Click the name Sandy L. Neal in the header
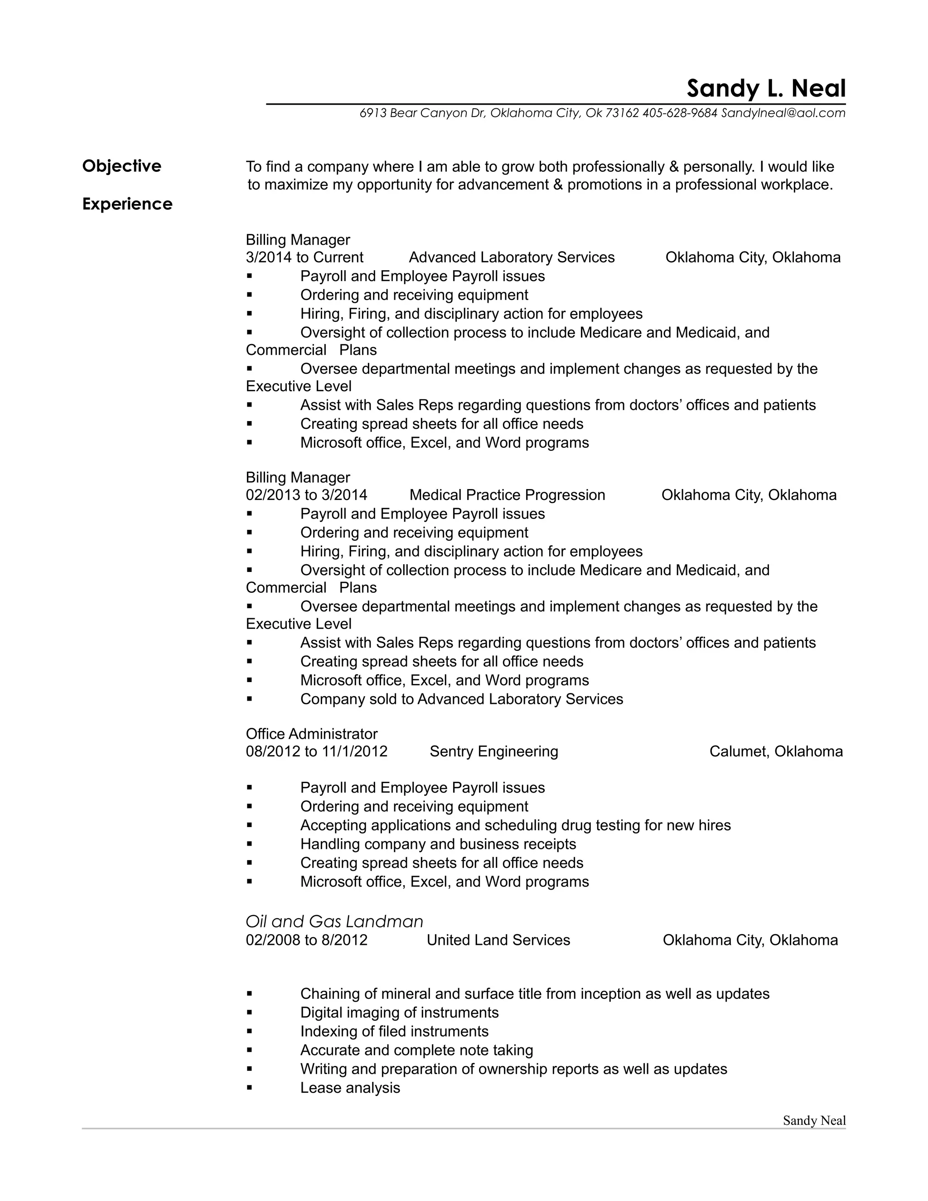pos(766,88)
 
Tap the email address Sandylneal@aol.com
pos(783,113)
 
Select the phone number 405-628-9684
pos(680,113)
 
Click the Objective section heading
pos(121,166)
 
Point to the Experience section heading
pos(127,204)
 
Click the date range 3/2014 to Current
pos(304,257)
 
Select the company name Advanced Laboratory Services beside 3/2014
pos(511,257)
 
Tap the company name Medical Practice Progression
pos(507,495)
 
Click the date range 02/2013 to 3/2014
pos(306,495)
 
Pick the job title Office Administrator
pos(311,734)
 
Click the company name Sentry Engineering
pos(494,751)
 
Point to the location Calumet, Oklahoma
pos(776,751)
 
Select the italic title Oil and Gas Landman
pos(334,921)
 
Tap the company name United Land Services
pos(498,940)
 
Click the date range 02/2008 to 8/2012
pos(306,940)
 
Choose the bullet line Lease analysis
pos(350,1088)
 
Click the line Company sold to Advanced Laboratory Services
pos(461,699)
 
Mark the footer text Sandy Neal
pos(814,1121)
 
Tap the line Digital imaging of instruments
pos(399,1012)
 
